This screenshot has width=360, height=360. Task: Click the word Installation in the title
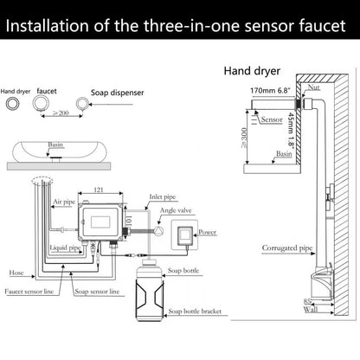pyautogui.click(x=55, y=26)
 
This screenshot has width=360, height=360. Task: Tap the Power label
pyautogui.click(x=206, y=233)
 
